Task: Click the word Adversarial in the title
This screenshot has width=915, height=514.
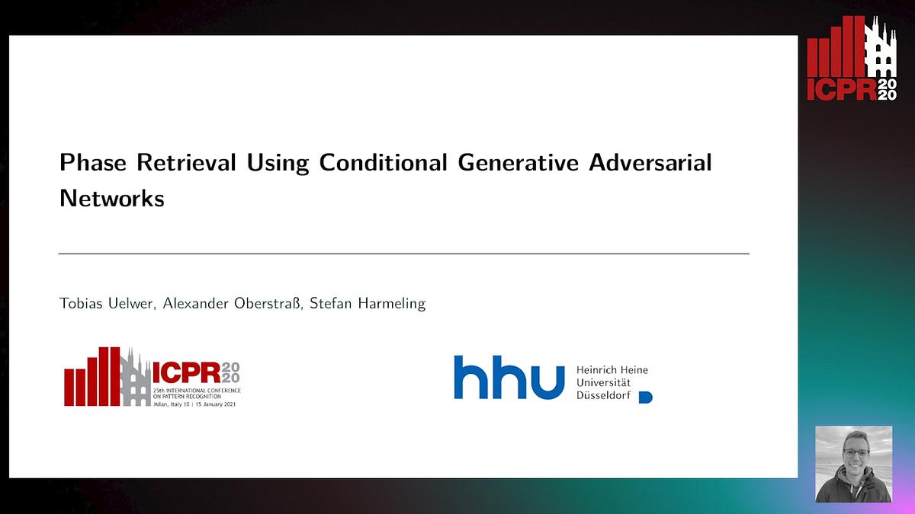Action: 655,163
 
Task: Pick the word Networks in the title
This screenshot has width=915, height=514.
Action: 111,198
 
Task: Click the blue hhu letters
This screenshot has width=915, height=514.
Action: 509,377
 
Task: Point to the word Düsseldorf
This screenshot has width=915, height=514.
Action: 603,394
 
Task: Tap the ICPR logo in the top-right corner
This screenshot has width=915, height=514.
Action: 852,59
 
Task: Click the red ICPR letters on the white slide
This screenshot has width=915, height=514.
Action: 185,372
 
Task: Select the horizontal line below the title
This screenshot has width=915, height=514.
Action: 403,253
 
